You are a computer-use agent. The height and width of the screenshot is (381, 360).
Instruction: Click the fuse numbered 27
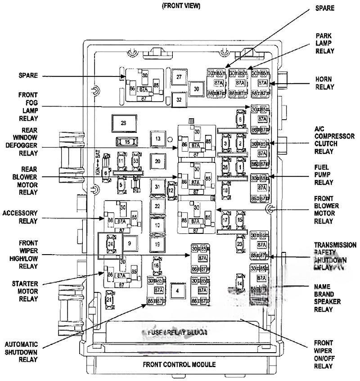coord(179,77)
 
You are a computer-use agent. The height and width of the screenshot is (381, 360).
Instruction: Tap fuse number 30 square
coord(196,89)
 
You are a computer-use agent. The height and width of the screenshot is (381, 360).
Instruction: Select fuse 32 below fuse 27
coord(179,99)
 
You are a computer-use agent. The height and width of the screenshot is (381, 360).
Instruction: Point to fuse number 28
coord(123,122)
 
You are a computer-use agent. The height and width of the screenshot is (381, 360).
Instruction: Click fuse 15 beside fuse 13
coord(127,142)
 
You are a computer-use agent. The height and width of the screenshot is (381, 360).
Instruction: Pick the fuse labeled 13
coord(157,139)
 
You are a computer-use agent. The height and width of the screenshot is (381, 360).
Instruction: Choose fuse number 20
coord(157,161)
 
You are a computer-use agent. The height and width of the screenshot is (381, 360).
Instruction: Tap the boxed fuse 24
coord(110,243)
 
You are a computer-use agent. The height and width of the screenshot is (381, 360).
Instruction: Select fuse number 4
coord(177,290)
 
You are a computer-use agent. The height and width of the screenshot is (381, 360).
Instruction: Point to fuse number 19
coord(157,244)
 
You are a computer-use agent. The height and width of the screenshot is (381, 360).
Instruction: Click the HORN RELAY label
coord(324,83)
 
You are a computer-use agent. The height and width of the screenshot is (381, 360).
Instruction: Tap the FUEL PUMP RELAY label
coord(324,175)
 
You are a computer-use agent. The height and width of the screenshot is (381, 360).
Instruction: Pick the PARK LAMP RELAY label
coord(324,43)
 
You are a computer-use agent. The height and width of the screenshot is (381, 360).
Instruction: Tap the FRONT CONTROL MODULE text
coord(179,364)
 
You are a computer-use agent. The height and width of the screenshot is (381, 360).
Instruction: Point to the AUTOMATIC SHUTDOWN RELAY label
coord(22,352)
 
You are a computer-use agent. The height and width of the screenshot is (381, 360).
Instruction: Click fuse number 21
coord(109,300)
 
